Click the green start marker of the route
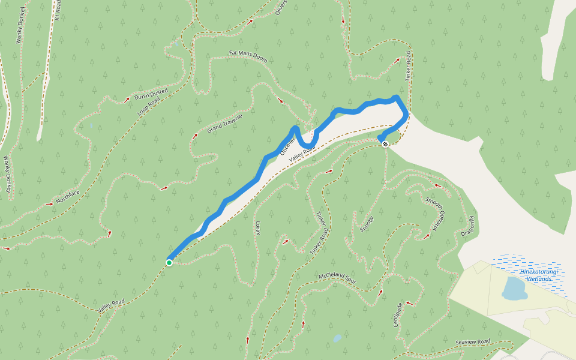tap(169, 262)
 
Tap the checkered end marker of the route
tap(385, 144)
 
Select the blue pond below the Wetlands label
tap(514, 289)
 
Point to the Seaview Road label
tap(473, 342)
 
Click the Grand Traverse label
tap(225, 123)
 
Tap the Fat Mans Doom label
tap(248, 56)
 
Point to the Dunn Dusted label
tap(151, 94)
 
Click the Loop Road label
tap(149, 106)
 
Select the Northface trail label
tap(68, 196)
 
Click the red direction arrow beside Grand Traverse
tap(194, 137)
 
